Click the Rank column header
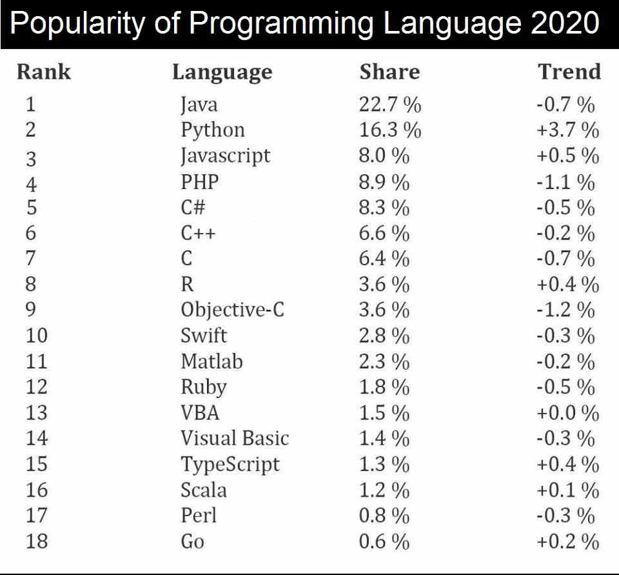point(44,72)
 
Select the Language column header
point(222,72)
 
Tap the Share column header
point(389,72)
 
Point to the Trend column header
point(569,72)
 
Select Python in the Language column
point(213,130)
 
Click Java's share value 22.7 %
point(389,105)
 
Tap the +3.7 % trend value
point(567,130)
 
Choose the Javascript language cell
point(225,156)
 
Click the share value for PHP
point(384,182)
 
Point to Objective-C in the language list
point(232,310)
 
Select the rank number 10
point(37,336)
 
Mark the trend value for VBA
point(567,413)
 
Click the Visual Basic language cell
point(235,439)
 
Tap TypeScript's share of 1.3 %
point(384,465)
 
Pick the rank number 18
point(37,541)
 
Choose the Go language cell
point(192,541)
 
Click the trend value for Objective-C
point(565,310)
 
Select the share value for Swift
point(384,336)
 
